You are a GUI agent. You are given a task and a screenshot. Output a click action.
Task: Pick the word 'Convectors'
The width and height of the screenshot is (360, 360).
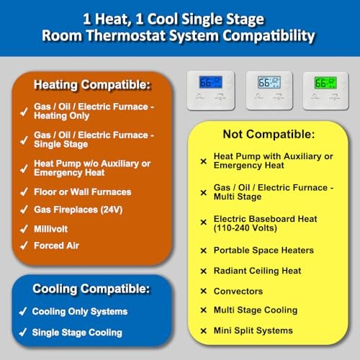coord(238,291)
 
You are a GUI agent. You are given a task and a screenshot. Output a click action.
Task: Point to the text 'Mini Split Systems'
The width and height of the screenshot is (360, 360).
coord(253,330)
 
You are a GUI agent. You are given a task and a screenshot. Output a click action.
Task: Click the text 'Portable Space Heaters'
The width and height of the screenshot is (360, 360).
coord(264,251)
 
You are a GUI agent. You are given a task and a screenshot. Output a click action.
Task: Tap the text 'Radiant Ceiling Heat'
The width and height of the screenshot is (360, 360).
coord(258,271)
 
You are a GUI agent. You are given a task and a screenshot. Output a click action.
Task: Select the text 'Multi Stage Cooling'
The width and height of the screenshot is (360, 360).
coord(256,310)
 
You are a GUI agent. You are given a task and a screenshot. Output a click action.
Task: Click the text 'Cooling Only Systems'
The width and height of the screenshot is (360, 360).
coord(80,312)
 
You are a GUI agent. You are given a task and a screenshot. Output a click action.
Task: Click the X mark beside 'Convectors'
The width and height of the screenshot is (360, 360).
coord(203,292)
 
